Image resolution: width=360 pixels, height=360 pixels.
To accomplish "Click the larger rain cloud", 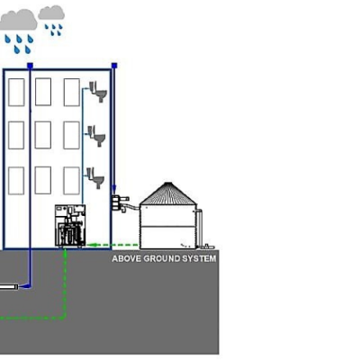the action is tap(18, 21).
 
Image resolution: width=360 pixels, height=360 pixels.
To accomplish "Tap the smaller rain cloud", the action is tap(51, 13).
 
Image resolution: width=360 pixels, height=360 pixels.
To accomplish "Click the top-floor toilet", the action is tap(98, 92).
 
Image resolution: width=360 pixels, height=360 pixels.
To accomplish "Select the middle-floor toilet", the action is tap(96, 136).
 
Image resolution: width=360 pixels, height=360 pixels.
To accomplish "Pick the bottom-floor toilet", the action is tap(95, 178).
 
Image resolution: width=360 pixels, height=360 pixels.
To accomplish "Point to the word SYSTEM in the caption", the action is tap(200, 258).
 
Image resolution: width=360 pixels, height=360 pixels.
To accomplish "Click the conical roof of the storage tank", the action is tap(168, 194).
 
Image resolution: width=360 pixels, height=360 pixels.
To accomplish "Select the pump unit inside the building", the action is tap(70, 226).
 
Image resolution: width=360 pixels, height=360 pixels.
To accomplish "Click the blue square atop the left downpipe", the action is tap(30, 66).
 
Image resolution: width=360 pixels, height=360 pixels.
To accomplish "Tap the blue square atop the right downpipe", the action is tap(114, 66).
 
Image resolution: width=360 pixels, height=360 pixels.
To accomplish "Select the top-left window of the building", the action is tap(16, 93).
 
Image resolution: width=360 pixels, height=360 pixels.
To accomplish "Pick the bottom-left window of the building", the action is tap(16, 181).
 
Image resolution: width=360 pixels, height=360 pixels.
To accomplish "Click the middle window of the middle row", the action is tap(43, 135).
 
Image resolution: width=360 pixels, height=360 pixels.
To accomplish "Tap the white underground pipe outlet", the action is tap(9, 287).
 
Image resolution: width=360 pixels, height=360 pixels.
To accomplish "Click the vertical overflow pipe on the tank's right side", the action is tap(200, 228).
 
